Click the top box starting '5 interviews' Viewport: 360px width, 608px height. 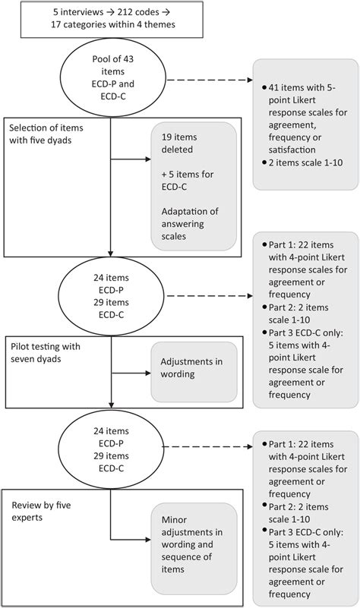111,18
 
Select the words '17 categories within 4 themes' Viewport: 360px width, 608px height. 111,25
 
